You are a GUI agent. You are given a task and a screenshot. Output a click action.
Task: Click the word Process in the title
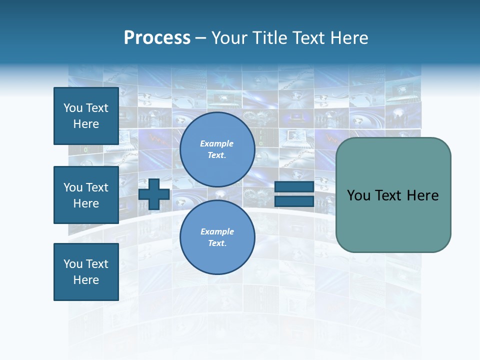tap(157, 38)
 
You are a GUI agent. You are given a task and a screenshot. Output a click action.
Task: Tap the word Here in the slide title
tap(348, 38)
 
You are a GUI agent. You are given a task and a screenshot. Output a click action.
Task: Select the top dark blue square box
tap(86, 116)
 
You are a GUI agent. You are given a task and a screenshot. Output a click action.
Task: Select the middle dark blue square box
tap(86, 195)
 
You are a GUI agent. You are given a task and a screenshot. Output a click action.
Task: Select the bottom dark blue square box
tap(86, 272)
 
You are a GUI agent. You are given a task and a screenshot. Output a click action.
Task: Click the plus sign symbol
tap(154, 194)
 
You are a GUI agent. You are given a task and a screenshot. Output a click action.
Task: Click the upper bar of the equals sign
tap(294, 186)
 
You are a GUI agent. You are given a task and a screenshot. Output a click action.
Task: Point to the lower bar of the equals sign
tap(294, 201)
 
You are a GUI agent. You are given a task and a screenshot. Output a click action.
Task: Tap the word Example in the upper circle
tap(217, 144)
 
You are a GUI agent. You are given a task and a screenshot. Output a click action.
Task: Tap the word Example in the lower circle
tap(217, 232)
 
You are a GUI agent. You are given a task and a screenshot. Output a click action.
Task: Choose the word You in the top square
tap(73, 108)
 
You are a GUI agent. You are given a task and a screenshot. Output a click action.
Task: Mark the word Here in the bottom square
tap(86, 280)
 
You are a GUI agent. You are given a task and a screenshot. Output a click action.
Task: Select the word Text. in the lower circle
tap(217, 243)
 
